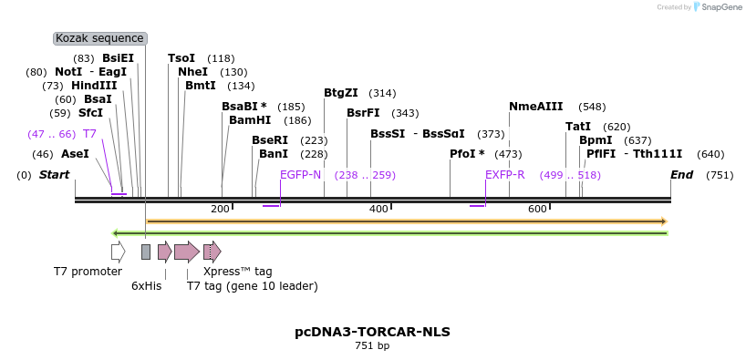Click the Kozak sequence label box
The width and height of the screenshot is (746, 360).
pyautogui.click(x=99, y=38)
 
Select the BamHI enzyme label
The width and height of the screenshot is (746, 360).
pyautogui.click(x=250, y=119)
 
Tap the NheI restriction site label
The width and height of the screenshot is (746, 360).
pyautogui.click(x=192, y=72)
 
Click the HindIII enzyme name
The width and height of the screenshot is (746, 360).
pyautogui.click(x=94, y=86)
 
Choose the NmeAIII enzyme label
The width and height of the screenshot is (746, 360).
pyautogui.click(x=536, y=106)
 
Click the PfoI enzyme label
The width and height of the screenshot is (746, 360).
pyautogui.click(x=467, y=154)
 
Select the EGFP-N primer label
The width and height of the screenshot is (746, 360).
pyautogui.click(x=300, y=175)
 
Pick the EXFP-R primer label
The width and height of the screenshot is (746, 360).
pyautogui.click(x=504, y=175)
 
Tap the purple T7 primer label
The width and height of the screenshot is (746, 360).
pyautogui.click(x=89, y=134)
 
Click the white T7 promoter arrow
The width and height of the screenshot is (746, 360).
pyautogui.click(x=118, y=252)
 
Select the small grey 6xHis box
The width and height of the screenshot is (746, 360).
pyautogui.click(x=146, y=252)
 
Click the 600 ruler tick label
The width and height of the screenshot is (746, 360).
pyautogui.click(x=537, y=210)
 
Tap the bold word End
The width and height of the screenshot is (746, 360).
pyautogui.click(x=681, y=175)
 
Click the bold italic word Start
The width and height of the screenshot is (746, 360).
pyautogui.click(x=54, y=175)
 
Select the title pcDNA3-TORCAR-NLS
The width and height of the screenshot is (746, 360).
pyautogui.click(x=372, y=332)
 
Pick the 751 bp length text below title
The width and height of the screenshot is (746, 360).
pyautogui.click(x=372, y=346)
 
